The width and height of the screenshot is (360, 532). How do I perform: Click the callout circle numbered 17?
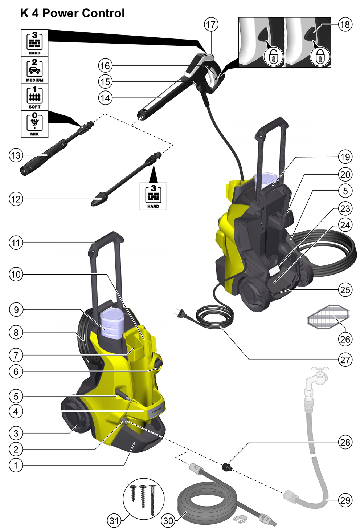211,24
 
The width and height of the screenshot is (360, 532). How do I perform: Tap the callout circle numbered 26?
345,339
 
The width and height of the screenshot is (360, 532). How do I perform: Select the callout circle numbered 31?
114,521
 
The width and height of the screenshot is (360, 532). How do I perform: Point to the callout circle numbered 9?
16,310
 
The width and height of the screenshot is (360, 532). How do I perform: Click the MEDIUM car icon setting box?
34,70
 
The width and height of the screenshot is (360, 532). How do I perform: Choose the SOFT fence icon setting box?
34,97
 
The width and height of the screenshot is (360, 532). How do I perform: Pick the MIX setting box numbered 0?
34,124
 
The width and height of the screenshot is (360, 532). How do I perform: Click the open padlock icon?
273,57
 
